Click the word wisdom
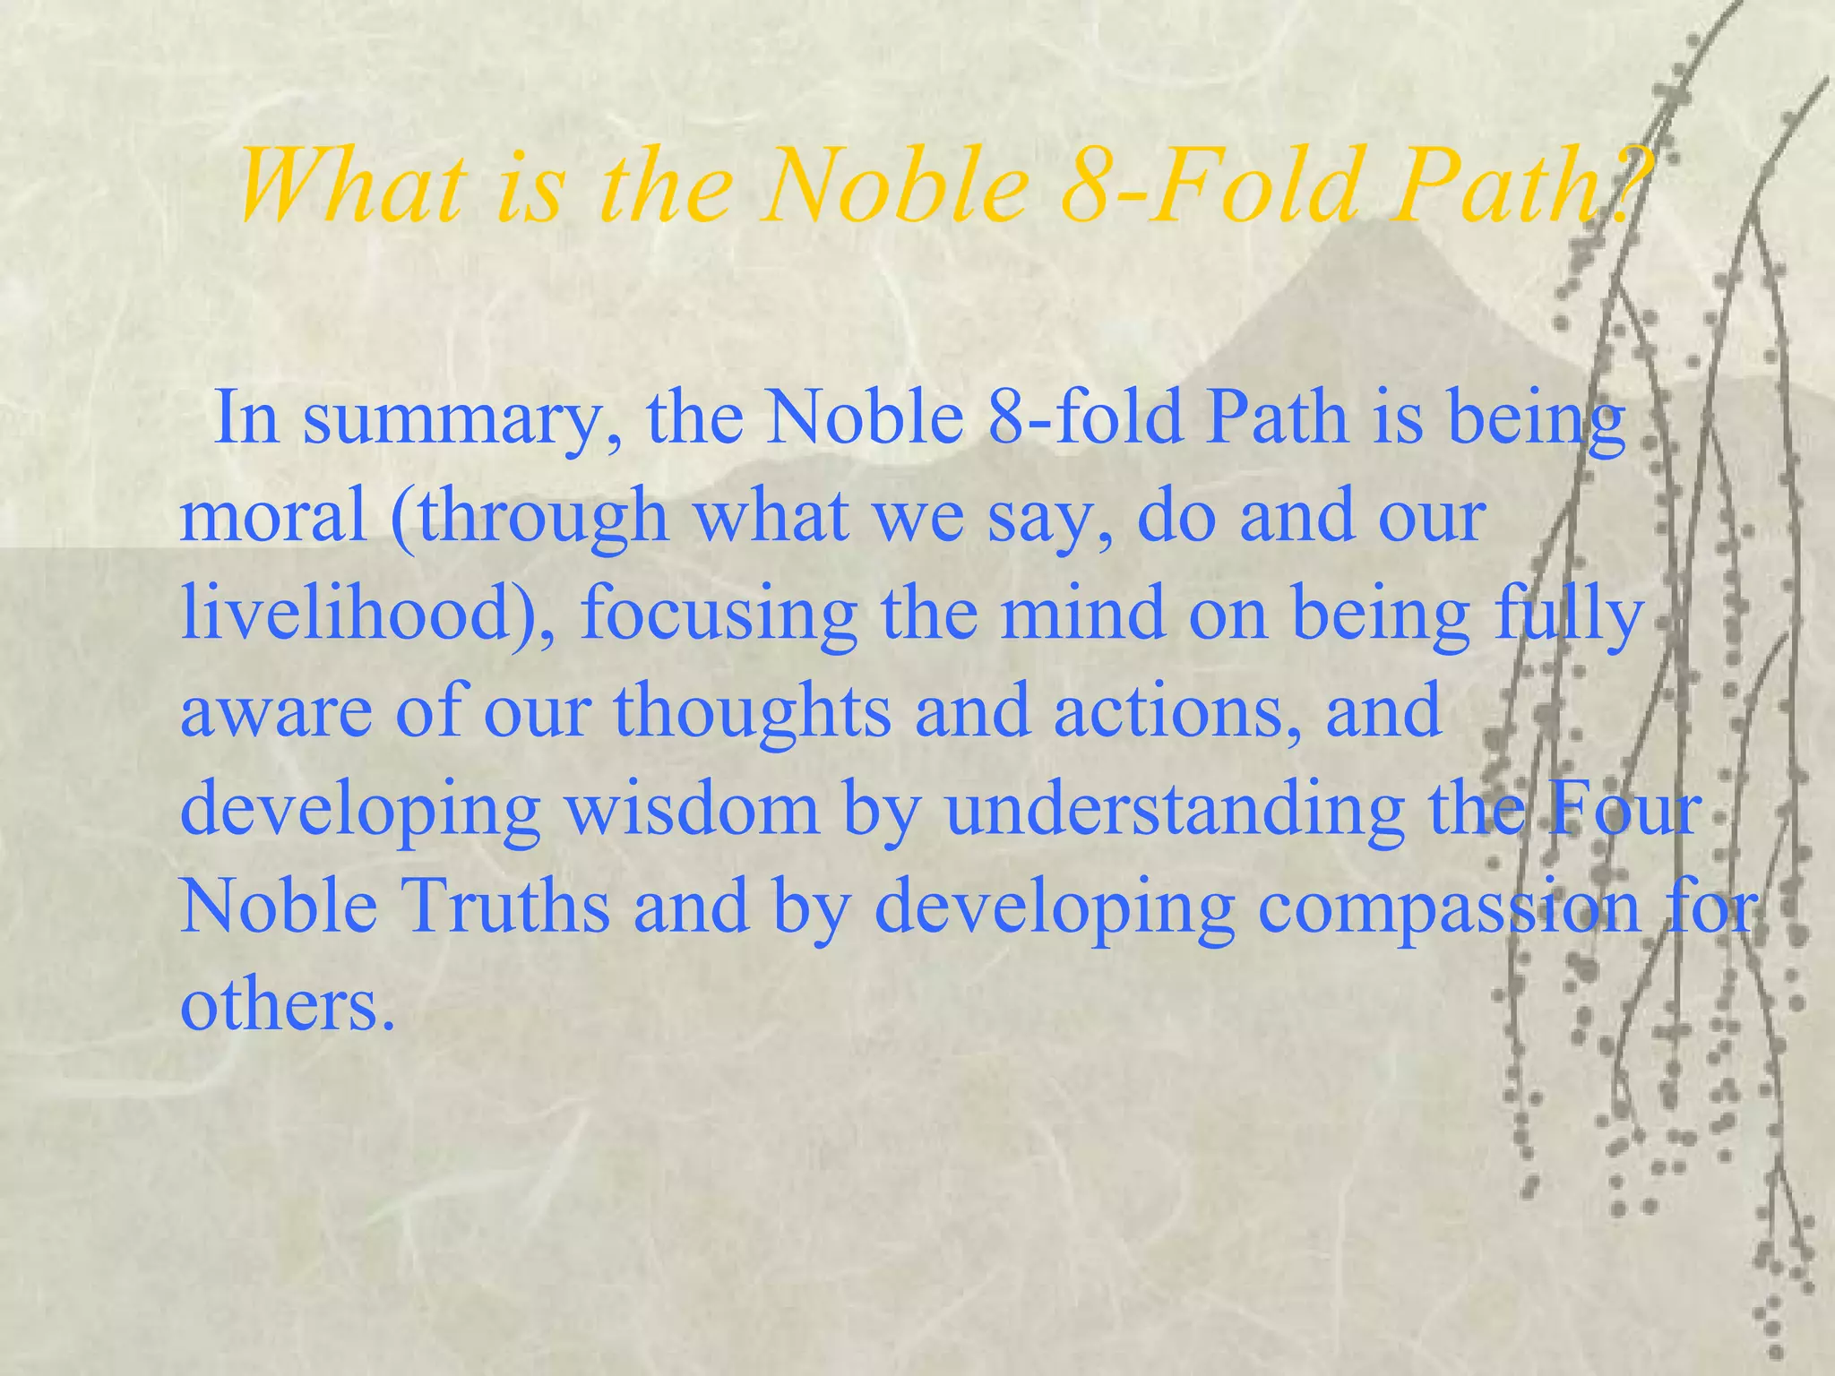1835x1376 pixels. tap(691, 809)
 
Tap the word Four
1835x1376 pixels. tap(1622, 809)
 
